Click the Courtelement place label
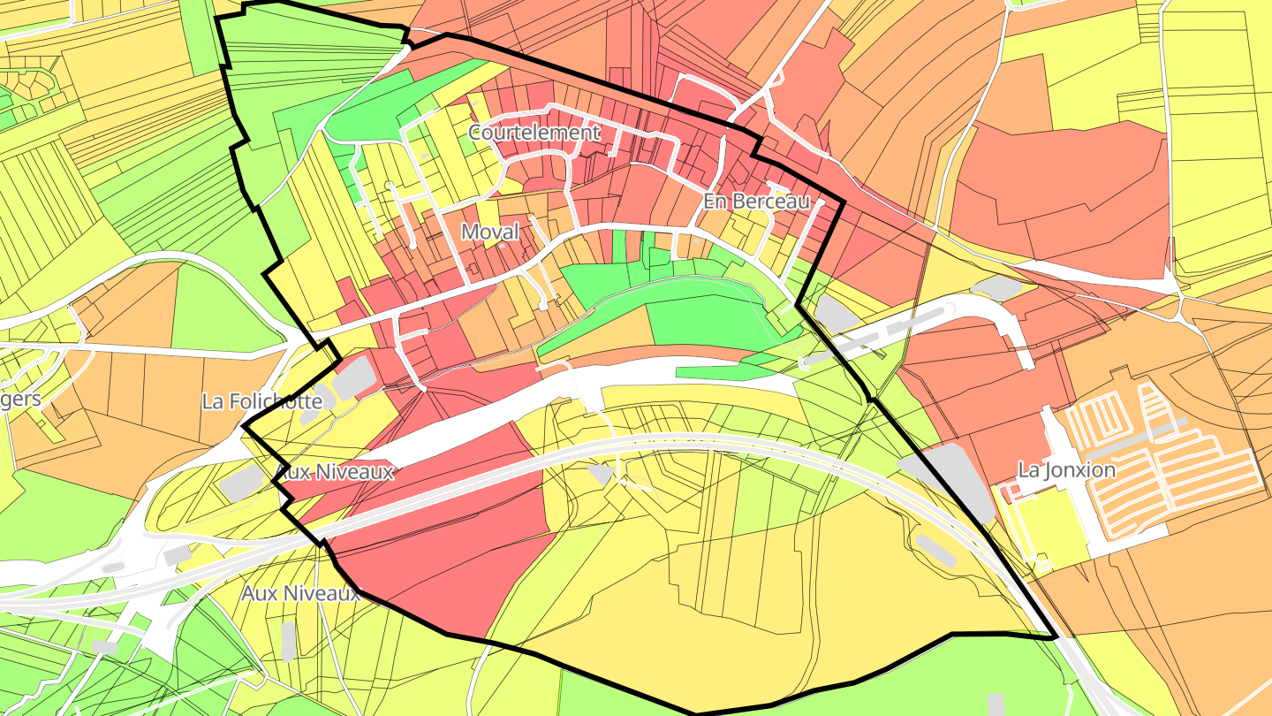point(534,133)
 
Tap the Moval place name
point(489,232)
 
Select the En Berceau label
point(756,202)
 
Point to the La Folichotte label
point(261,401)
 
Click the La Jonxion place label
point(1066,470)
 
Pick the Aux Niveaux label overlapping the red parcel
point(335,472)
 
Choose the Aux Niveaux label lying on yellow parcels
point(301,593)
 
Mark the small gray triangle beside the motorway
point(601,475)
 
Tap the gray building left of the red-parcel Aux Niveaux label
point(242,482)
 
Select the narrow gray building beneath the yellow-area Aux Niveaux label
point(288,641)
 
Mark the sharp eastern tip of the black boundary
point(1056,637)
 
